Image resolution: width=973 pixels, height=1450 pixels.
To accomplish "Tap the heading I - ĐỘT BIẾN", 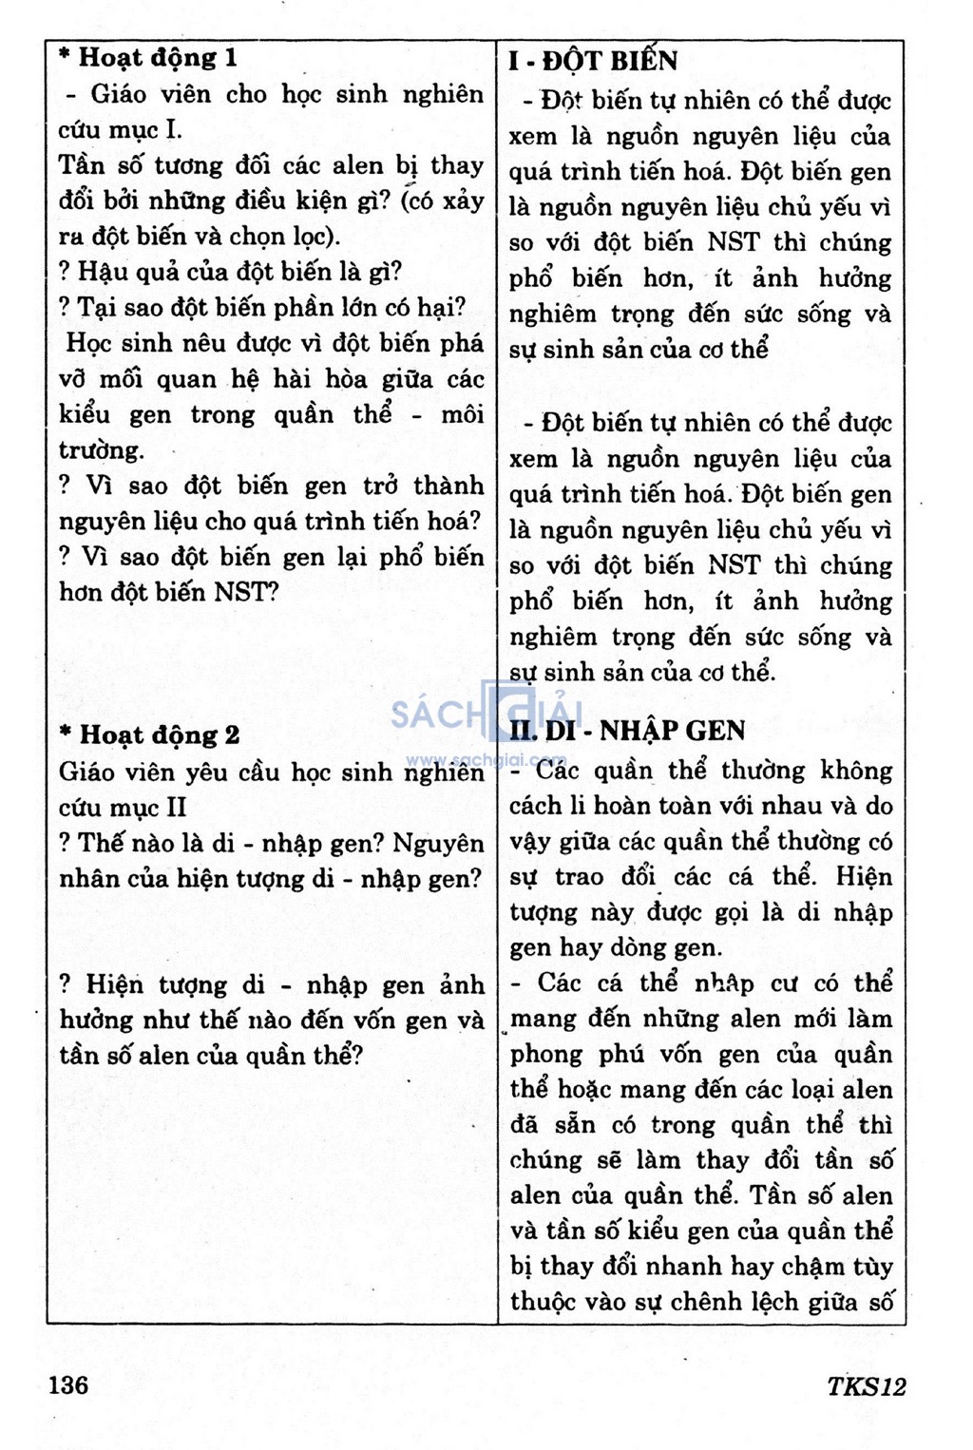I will (x=593, y=62).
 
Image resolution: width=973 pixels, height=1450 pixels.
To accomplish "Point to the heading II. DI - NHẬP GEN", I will (x=627, y=731).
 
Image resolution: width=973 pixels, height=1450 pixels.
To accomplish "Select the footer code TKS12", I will (x=866, y=1386).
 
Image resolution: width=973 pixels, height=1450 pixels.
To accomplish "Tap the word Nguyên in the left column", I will (x=438, y=843).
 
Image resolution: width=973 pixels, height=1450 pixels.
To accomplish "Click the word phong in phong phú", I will (x=546, y=1055).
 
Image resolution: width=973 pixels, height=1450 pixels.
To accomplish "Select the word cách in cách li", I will (x=536, y=806).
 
